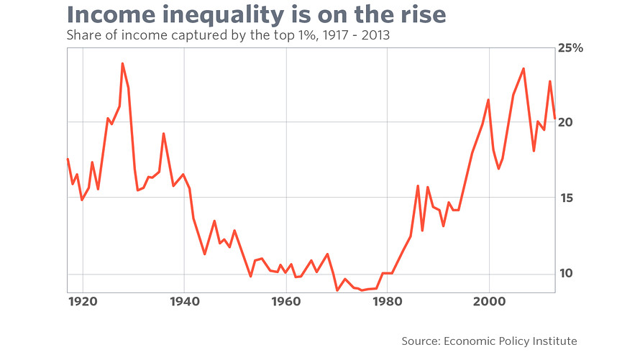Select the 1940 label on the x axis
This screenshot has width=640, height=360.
(184, 300)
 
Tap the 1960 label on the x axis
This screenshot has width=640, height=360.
(286, 300)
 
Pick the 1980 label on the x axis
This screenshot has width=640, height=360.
(388, 300)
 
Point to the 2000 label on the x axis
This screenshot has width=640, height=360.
(489, 300)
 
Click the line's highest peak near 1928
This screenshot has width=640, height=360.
(122, 63)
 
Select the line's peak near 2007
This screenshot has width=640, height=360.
(524, 68)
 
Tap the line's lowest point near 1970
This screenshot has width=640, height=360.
(337, 290)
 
